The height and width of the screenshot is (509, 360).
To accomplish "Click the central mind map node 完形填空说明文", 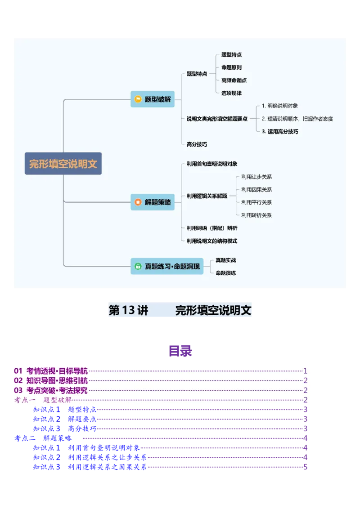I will [x=63, y=164].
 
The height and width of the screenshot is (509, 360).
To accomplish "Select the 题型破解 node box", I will [x=153, y=99].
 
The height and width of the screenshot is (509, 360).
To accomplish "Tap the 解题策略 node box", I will [x=153, y=202].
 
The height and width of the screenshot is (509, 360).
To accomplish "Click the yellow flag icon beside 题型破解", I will [x=138, y=99].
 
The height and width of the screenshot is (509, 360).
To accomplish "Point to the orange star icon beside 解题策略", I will [x=138, y=202].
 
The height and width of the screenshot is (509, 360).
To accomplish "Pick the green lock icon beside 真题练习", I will [x=138, y=266].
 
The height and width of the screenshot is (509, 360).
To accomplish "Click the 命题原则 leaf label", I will [x=231, y=67].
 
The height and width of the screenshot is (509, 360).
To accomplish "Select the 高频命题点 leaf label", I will [x=234, y=80].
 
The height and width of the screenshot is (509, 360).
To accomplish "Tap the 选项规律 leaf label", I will [x=231, y=93].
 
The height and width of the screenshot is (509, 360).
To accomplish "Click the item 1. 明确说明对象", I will [x=279, y=106].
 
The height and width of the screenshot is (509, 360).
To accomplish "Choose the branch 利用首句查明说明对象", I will [x=212, y=164].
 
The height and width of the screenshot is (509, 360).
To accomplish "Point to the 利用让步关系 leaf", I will [x=256, y=177].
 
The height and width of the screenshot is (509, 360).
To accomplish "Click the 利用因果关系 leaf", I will [x=256, y=190].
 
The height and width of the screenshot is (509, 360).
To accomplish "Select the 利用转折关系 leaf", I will [x=256, y=215].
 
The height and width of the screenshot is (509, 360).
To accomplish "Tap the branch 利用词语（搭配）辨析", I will [x=212, y=228].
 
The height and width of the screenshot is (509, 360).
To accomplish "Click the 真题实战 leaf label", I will [x=225, y=260].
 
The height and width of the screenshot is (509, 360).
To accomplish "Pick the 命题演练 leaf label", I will [x=225, y=273].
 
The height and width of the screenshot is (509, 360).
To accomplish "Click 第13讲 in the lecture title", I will [x=129, y=311].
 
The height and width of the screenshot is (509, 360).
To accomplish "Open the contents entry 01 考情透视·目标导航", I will [x=51, y=371].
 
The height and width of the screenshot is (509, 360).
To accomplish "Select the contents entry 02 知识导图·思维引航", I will [x=51, y=381].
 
